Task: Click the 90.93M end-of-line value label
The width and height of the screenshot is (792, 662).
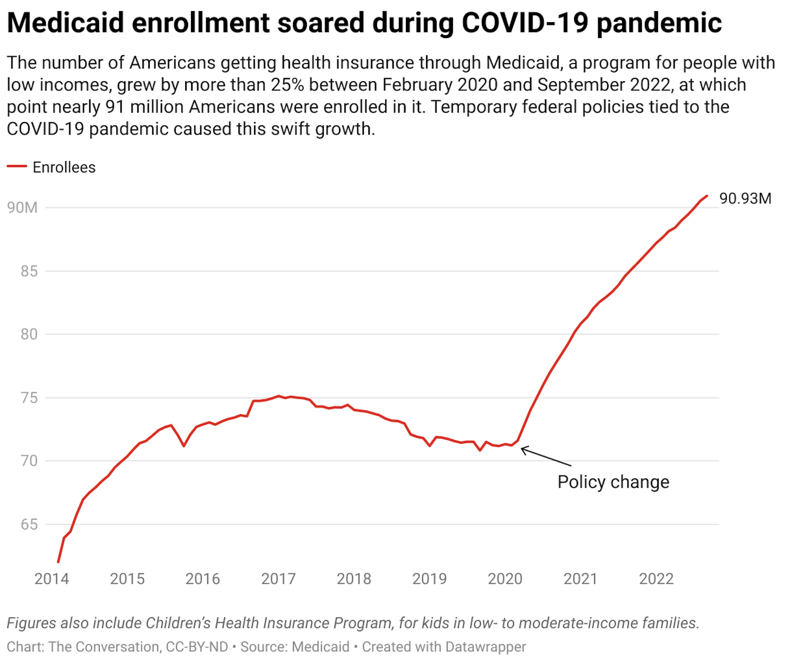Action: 745,198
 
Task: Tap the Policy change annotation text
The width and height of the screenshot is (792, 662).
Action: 613,482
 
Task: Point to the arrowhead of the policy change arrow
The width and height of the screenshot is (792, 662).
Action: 522,449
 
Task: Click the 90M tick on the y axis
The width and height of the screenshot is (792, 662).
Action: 22,207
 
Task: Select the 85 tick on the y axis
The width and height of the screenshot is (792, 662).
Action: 29,271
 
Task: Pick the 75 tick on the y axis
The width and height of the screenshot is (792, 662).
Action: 29,398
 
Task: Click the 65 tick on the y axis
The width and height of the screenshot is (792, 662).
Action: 29,524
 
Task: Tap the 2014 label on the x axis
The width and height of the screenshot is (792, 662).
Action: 52,579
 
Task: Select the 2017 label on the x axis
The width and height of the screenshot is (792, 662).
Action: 278,579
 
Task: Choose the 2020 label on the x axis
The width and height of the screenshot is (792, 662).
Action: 505,579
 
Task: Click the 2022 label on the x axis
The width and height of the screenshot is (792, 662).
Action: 656,579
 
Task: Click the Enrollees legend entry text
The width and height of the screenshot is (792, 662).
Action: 64,167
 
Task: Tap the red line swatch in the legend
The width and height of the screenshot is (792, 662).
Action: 17,166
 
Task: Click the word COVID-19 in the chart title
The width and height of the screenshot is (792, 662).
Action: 525,23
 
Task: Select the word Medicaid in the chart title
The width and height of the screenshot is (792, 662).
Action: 65,23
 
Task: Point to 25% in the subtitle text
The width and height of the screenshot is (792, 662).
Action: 288,85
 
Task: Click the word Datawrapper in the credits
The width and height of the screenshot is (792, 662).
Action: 486,646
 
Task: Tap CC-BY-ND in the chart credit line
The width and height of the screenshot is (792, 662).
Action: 197,646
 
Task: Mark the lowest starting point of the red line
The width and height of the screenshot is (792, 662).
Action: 58,561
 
